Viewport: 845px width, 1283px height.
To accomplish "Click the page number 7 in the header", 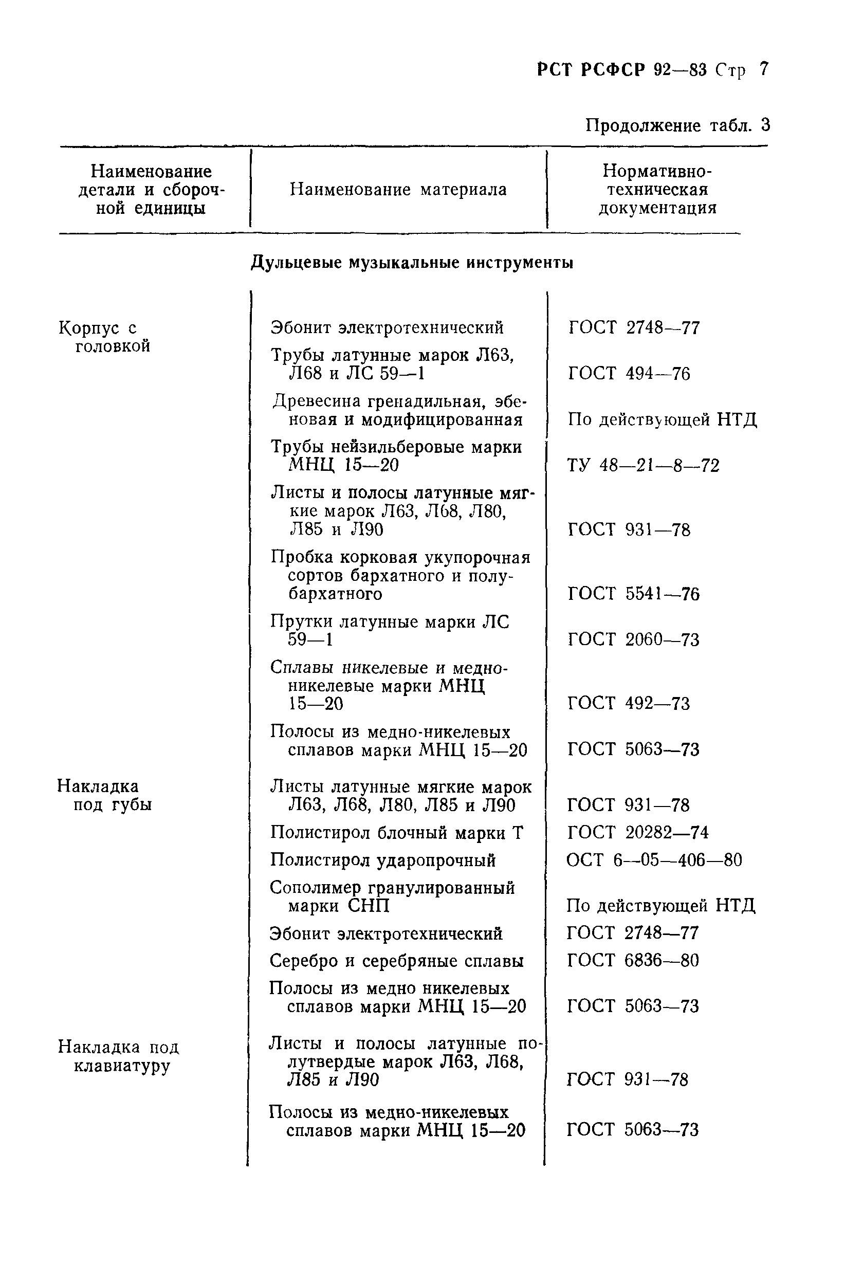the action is point(764,69).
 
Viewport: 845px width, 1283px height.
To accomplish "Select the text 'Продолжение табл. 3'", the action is point(677,125).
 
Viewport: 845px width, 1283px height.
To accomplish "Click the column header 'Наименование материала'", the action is point(398,189).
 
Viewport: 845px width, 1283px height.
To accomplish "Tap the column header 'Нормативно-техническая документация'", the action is point(657,189).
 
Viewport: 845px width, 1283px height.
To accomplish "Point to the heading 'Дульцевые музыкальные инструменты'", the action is point(412,263).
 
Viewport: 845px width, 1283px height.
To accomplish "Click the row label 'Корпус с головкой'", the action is point(104,336).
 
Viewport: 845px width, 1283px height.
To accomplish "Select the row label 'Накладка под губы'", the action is point(104,795).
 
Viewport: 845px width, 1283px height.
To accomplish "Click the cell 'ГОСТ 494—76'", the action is point(629,374).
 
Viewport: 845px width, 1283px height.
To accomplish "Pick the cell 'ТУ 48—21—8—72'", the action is point(643,465).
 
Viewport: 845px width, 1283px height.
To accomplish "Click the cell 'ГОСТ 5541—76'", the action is point(633,594).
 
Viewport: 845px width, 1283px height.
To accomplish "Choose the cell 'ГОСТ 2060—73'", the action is point(633,640).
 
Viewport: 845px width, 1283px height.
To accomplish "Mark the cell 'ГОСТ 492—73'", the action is point(629,704).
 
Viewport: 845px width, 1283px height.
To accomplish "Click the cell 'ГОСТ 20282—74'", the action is point(637,833).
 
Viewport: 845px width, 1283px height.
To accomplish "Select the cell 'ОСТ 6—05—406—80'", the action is point(654,860).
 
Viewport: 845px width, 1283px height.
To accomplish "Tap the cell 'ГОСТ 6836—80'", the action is point(633,960).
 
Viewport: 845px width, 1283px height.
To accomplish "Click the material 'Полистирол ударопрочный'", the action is point(382,860).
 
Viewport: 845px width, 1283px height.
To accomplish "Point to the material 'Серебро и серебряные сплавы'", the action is point(396,961).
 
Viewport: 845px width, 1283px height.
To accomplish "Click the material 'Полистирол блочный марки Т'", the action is point(396,833).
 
